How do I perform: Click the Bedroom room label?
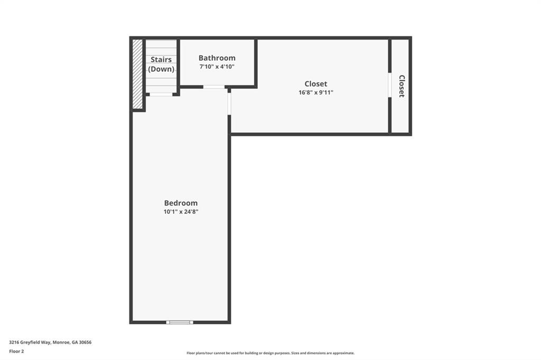181,203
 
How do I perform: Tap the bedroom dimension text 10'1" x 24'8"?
181,212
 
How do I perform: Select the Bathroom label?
217,58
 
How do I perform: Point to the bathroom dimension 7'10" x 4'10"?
217,67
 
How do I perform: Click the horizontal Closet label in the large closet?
316,84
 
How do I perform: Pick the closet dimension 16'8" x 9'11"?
316,92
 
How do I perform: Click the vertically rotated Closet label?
402,86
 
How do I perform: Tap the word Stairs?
161,60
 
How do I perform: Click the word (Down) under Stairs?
161,69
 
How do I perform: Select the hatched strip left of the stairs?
137,74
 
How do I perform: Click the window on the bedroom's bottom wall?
180,323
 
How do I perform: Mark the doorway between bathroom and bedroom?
214,87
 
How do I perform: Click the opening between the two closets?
390,85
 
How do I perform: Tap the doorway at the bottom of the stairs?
161,94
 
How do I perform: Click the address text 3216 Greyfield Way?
30,343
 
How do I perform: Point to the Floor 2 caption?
16,352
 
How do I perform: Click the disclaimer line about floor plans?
270,353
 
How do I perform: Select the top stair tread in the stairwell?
161,44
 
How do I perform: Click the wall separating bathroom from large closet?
256,63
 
